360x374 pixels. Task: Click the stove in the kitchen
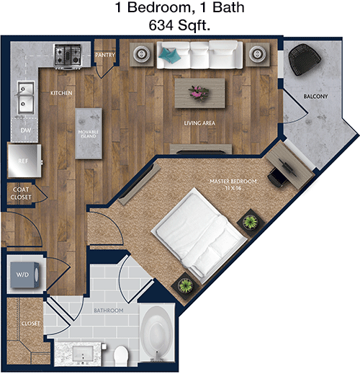click(67, 56)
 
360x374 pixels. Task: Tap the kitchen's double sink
click(25, 98)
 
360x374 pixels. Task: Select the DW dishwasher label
click(25, 130)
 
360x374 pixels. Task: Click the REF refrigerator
click(24, 161)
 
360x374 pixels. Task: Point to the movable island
click(89, 133)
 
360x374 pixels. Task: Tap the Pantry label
click(105, 55)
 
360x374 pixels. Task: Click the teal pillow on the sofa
click(170, 55)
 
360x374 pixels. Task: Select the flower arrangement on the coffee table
click(199, 92)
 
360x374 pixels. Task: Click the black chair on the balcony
click(305, 59)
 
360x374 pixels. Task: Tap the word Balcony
click(315, 97)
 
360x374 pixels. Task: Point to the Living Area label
click(199, 123)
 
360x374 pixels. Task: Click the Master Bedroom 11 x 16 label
click(233, 184)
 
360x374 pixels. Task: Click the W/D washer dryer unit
click(24, 275)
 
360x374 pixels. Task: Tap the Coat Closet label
click(21, 193)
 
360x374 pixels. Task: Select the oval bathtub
click(157, 334)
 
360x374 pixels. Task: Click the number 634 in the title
click(161, 25)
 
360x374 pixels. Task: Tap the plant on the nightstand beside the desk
click(251, 222)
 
